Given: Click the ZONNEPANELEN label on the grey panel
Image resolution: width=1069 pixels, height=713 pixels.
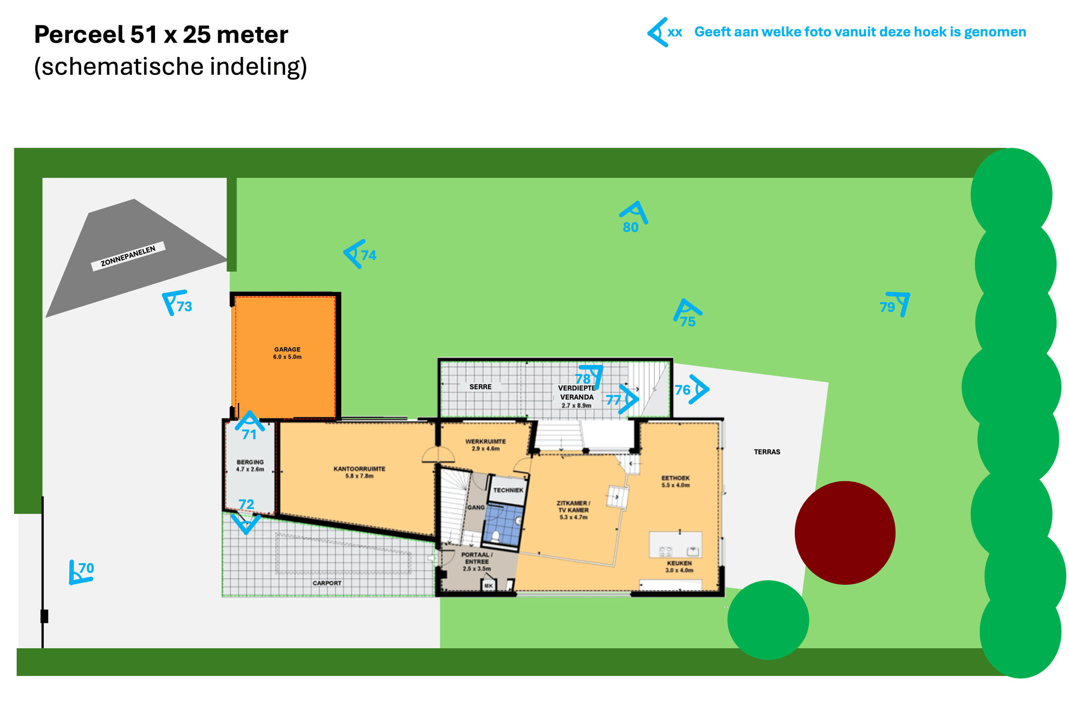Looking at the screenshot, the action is point(128,256).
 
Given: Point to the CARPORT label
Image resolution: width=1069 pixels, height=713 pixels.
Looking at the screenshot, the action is point(327,583).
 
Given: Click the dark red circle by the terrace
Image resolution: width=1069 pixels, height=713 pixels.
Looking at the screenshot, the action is point(845,532).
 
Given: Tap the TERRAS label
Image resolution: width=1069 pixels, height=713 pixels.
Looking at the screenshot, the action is point(767,452).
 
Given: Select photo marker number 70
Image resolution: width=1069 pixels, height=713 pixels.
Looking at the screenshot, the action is point(81,572).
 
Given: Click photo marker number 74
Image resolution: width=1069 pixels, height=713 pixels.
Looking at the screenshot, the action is point(360,254).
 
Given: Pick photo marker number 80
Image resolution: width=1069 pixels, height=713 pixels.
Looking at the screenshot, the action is point(633,217).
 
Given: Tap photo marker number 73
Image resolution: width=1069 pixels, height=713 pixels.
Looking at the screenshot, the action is point(177,303).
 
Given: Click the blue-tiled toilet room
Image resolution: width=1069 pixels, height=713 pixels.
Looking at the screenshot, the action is point(502,525).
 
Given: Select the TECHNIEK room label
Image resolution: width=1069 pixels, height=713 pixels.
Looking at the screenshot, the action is point(508,490).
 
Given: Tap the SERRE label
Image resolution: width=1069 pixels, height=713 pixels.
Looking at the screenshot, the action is point(480,387).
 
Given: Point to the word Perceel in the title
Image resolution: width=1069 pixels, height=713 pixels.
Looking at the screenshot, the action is point(79,35).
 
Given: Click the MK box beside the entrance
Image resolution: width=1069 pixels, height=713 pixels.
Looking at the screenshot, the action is point(488,586).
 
